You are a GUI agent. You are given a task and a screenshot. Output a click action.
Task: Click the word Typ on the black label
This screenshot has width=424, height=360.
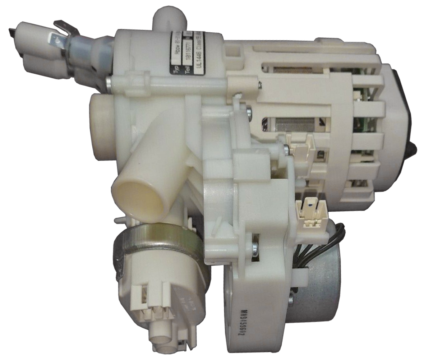[176, 67]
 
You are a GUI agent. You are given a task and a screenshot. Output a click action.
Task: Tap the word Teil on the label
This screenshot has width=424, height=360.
[188, 67]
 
